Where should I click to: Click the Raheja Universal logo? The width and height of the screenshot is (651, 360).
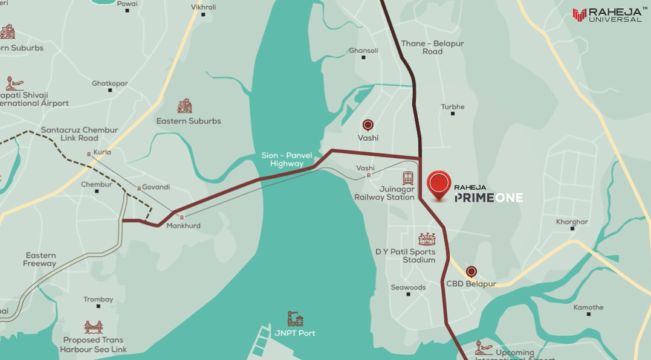607,15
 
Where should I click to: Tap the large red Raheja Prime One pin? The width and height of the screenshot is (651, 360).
439,184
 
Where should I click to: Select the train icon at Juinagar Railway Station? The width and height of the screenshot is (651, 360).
409,178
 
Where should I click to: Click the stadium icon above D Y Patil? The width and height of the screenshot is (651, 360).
427,239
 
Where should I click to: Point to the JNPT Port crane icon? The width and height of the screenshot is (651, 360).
295,319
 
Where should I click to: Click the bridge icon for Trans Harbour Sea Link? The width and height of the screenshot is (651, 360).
93,327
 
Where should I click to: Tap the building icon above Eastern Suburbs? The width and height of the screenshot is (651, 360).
185,106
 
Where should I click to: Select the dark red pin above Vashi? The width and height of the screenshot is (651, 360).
368,125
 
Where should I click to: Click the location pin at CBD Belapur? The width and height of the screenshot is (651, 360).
471,272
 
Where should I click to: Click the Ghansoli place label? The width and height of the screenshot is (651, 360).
363,51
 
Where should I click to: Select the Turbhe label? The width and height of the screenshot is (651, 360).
453,107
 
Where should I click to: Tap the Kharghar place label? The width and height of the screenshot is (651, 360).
571,222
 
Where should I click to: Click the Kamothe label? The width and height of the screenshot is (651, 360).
588,307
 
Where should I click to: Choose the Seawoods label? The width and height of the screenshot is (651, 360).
408,288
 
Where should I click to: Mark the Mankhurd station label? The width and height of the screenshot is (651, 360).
183,226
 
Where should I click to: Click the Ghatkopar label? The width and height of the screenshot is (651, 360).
109,83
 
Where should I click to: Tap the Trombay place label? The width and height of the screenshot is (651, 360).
98,300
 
